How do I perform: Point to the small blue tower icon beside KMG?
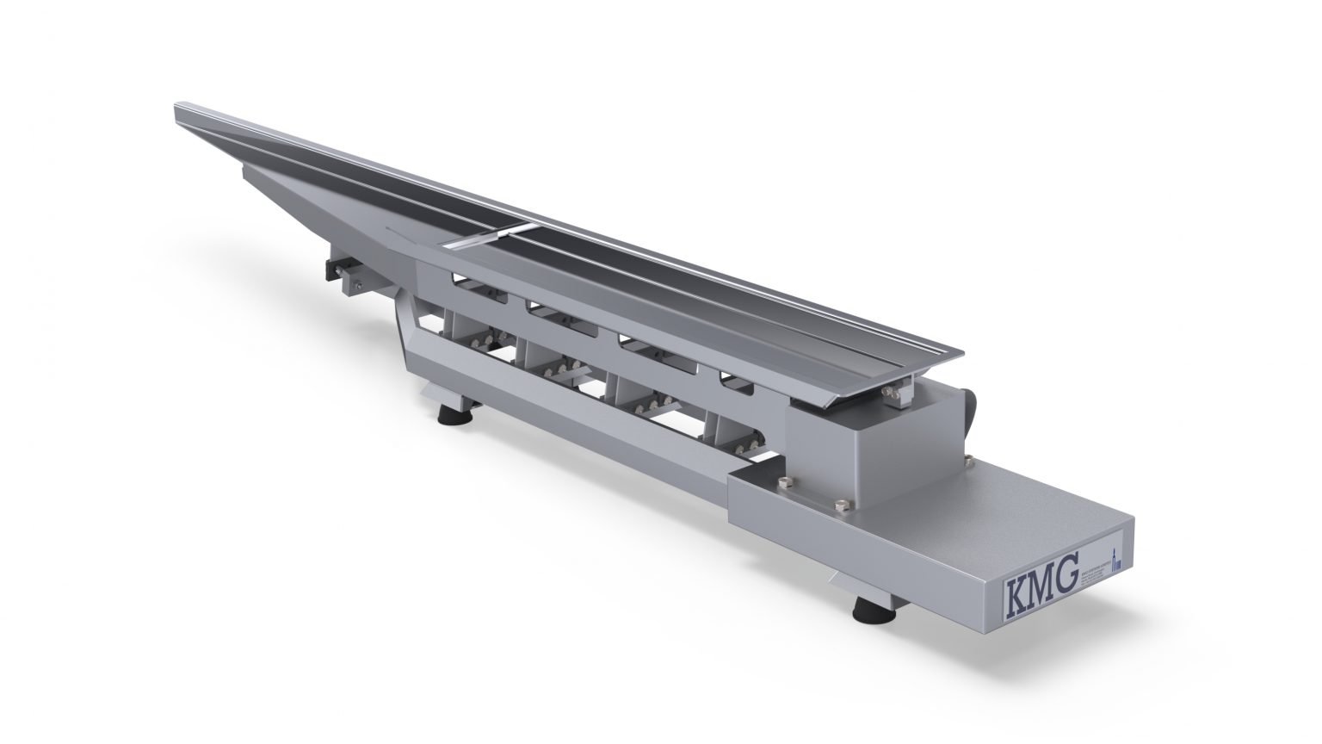click(x=1117, y=560)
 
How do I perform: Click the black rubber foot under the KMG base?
click(x=862, y=612)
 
